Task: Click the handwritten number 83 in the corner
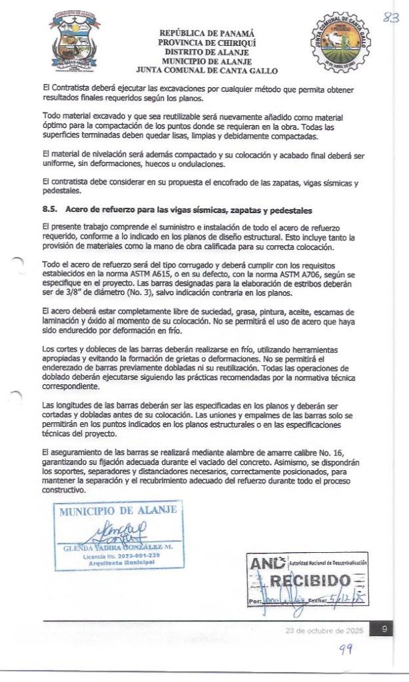(390, 19)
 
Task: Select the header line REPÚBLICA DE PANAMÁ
(206, 33)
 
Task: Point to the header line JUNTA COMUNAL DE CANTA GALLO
(206, 70)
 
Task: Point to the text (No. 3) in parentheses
(134, 291)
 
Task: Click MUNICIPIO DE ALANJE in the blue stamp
(118, 511)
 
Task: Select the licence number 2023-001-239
(135, 555)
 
